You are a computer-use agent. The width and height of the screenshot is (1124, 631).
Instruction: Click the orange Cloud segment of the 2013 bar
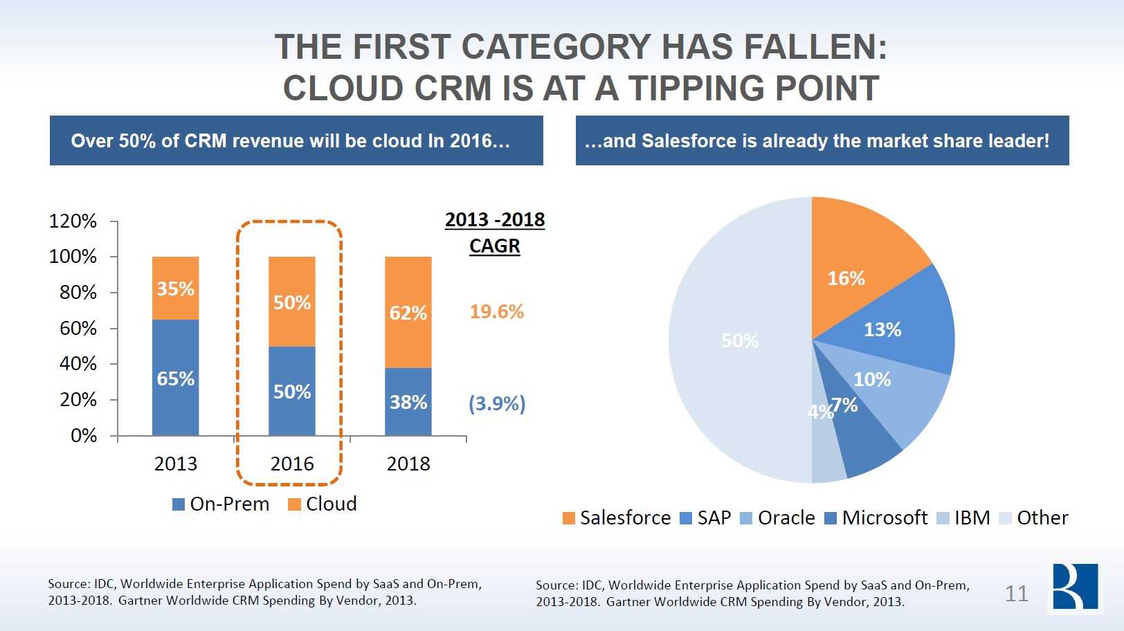tap(175, 288)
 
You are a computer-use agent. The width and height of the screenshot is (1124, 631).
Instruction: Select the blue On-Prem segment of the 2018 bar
tap(408, 402)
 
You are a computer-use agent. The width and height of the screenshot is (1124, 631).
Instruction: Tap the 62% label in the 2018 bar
tap(408, 313)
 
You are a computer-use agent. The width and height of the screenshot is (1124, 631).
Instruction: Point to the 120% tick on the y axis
tap(73, 221)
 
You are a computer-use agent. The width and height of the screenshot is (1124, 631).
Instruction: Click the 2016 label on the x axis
tap(291, 464)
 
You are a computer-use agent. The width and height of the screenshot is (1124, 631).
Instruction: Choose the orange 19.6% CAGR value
tap(496, 311)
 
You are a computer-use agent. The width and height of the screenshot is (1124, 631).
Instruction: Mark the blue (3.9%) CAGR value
tap(497, 403)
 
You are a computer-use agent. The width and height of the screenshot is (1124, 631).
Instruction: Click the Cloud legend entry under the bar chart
tap(323, 504)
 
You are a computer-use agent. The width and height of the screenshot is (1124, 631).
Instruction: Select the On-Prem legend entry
tap(221, 504)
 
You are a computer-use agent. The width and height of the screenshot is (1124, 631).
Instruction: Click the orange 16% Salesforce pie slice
tap(858, 270)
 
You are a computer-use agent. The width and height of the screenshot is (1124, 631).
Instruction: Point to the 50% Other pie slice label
tap(740, 340)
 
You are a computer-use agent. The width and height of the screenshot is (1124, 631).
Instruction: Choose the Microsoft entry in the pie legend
tap(877, 518)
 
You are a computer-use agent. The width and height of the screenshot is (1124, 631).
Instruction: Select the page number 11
tap(1016, 594)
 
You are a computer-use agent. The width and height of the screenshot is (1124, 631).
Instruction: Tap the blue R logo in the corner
tap(1075, 587)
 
